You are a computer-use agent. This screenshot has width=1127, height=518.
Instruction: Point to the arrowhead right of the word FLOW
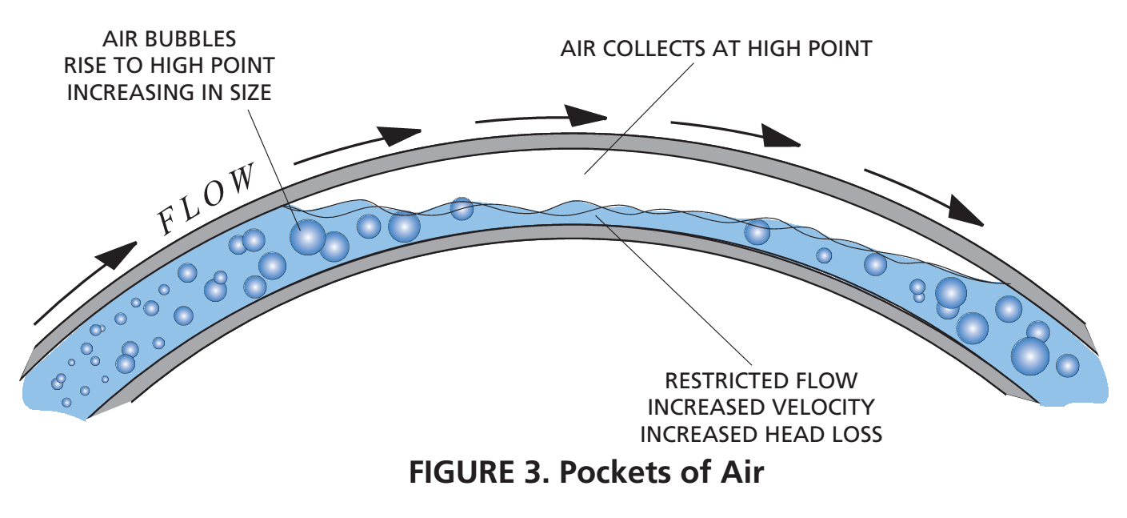pyautogui.click(x=400, y=134)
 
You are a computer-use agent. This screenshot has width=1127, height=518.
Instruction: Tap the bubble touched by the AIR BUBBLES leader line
pyautogui.click(x=307, y=237)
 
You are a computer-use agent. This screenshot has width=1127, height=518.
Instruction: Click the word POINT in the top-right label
pyautogui.click(x=833, y=49)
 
